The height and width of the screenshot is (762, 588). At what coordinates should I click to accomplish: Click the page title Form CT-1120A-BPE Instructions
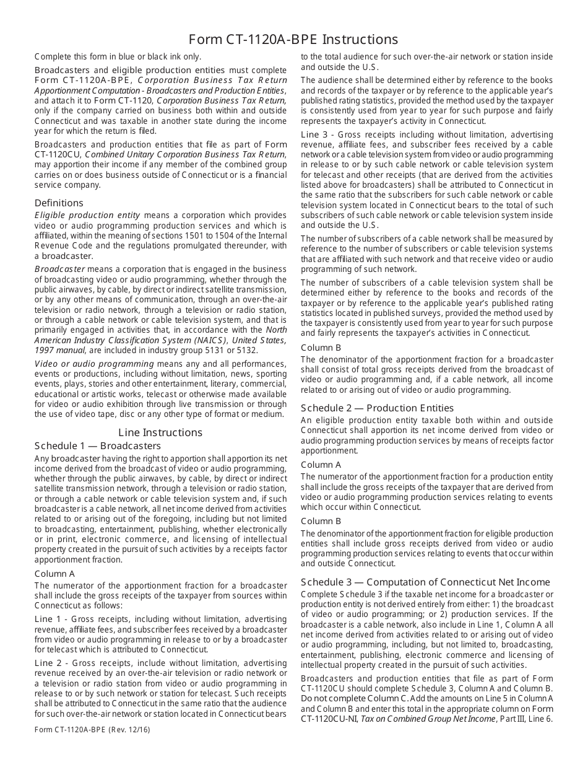pyautogui.click(x=293, y=39)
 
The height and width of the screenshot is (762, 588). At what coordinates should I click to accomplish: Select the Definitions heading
pyautogui.click(x=59, y=203)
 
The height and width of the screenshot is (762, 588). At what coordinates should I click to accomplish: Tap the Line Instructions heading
pyautogui.click(x=160, y=432)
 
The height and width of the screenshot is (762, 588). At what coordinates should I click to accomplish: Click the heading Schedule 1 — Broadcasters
pyautogui.click(x=98, y=446)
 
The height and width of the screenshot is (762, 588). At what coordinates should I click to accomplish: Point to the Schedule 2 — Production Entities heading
pyautogui.click(x=377, y=408)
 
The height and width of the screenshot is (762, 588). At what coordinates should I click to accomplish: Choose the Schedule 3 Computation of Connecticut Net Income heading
pyautogui.click(x=425, y=582)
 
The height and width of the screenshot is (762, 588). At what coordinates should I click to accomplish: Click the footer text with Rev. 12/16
pyautogui.click(x=92, y=729)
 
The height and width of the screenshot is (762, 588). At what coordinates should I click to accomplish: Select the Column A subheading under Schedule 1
pyautogui.click(x=54, y=574)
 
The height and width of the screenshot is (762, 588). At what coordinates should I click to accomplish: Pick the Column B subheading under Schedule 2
pyautogui.click(x=321, y=521)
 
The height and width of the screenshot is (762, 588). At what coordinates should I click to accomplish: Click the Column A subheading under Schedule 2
pyautogui.click(x=321, y=465)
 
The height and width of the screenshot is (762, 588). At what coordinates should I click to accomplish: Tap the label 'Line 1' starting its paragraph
pyautogui.click(x=48, y=619)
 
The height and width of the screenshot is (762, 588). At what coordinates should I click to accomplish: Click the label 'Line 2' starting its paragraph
pyautogui.click(x=48, y=663)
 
